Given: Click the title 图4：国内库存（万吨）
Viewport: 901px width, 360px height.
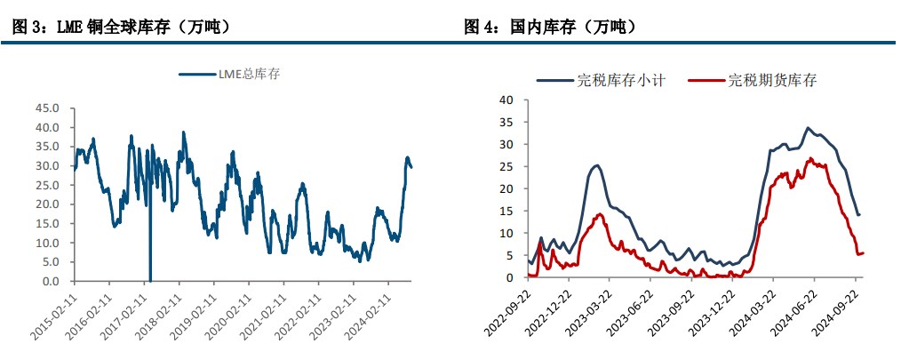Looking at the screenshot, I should pyautogui.click(x=551, y=28).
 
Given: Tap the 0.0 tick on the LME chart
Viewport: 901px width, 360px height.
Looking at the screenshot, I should pyautogui.click(x=51, y=281).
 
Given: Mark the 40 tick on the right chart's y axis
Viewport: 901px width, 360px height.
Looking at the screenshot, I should pyautogui.click(x=507, y=100).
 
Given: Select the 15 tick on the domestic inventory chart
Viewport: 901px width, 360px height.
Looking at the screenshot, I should pyautogui.click(x=507, y=211).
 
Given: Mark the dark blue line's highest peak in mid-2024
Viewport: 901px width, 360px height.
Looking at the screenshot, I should pyautogui.click(x=808, y=128).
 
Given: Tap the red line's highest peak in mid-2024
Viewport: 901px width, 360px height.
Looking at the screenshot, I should pyautogui.click(x=809, y=159).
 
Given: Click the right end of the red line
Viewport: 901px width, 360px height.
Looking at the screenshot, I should pyautogui.click(x=864, y=253).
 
